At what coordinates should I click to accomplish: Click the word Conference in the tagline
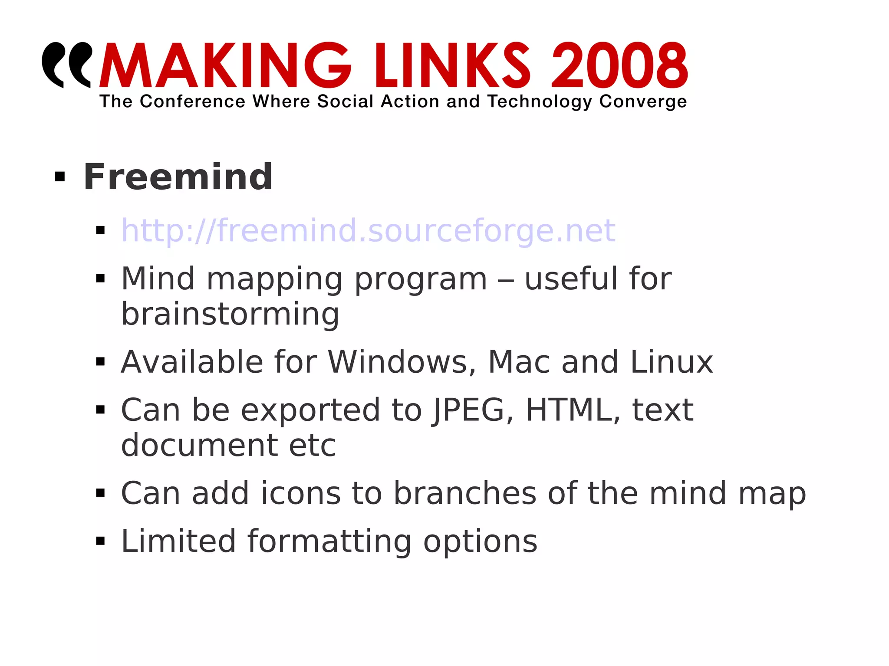(192, 102)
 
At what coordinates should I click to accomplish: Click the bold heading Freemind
(178, 177)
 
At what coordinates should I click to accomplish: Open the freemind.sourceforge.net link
(368, 230)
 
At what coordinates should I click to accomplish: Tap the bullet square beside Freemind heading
(60, 177)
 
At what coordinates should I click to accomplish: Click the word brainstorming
(230, 314)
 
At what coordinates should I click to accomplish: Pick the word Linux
(671, 362)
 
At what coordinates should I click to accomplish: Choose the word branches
(465, 494)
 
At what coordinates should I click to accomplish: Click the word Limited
(178, 541)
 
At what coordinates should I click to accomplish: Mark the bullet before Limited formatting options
(101, 541)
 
